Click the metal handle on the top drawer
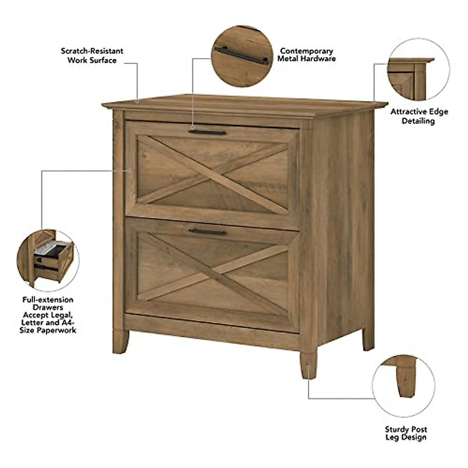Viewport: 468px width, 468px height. [x=207, y=133]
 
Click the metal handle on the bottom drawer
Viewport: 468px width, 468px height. [x=207, y=232]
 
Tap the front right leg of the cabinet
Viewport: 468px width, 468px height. [x=308, y=365]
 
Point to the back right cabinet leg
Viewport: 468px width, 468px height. [x=368, y=339]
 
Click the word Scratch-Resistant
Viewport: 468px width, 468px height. [x=92, y=51]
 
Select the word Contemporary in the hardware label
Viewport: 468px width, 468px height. [x=307, y=51]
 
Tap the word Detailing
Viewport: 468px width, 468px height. [x=418, y=121]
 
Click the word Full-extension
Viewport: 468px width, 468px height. [x=48, y=300]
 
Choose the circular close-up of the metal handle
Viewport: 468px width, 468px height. [x=242, y=56]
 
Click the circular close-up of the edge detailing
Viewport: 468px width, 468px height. [x=418, y=69]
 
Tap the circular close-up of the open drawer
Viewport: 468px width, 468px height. [x=48, y=260]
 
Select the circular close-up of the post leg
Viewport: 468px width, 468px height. [x=403, y=385]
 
